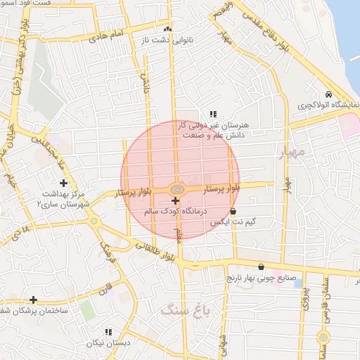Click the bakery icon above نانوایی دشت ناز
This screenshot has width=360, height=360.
167,30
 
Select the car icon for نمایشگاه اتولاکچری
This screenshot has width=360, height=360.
328,94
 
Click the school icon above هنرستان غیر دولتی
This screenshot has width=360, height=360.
213,113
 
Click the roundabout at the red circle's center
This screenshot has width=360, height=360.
177,188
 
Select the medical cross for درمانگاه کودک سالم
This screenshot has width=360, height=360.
175,201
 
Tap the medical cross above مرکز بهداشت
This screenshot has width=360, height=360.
63,183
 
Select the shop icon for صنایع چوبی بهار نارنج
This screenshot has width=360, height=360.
262,267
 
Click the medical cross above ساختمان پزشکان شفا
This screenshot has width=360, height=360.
33,300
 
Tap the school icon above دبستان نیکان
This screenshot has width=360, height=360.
108,332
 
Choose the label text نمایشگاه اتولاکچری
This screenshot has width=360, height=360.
328,105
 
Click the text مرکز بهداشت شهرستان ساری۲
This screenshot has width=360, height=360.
63,198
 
